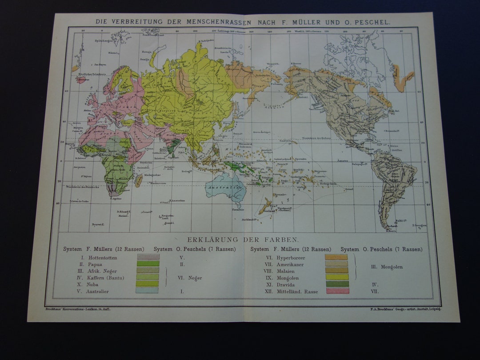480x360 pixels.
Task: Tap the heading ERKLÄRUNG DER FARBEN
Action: tap(242, 239)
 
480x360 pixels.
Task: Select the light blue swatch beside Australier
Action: tap(148, 290)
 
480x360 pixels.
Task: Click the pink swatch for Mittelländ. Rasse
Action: tap(337, 291)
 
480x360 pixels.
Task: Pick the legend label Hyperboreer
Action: tap(291, 257)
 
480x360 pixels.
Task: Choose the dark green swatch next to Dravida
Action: tap(337, 284)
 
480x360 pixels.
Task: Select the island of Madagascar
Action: tap(139, 180)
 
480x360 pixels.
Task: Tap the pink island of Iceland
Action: tap(81, 80)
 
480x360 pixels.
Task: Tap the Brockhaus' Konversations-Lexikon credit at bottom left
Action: tap(78, 309)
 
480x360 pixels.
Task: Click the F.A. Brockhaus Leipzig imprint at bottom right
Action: tap(408, 308)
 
